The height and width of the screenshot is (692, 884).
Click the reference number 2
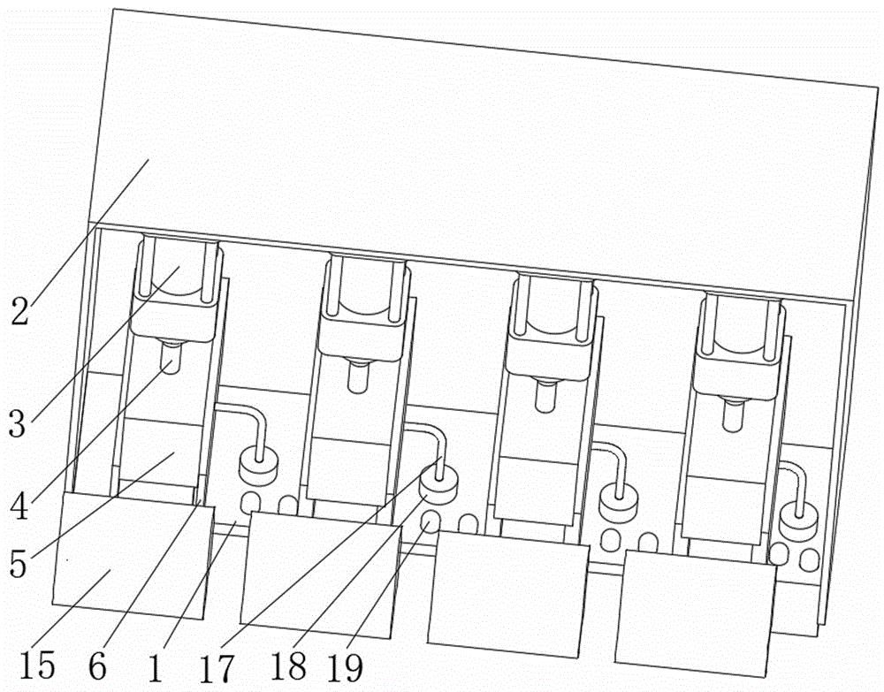pos(19,312)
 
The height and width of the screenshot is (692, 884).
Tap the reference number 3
pos(18,423)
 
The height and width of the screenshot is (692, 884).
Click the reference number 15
pos(37,664)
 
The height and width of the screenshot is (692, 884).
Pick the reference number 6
pos(97,666)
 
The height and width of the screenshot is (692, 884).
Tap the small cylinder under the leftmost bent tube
pos(259,469)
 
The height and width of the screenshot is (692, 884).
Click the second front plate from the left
pos(321,575)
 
